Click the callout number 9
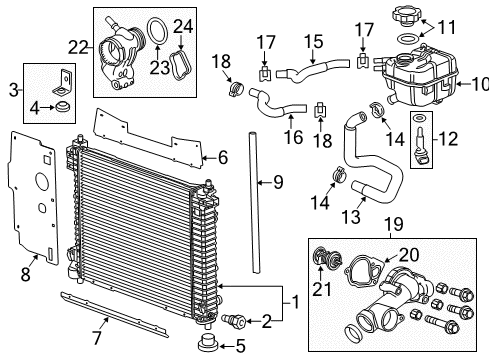point(279,182)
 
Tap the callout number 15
point(315,41)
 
